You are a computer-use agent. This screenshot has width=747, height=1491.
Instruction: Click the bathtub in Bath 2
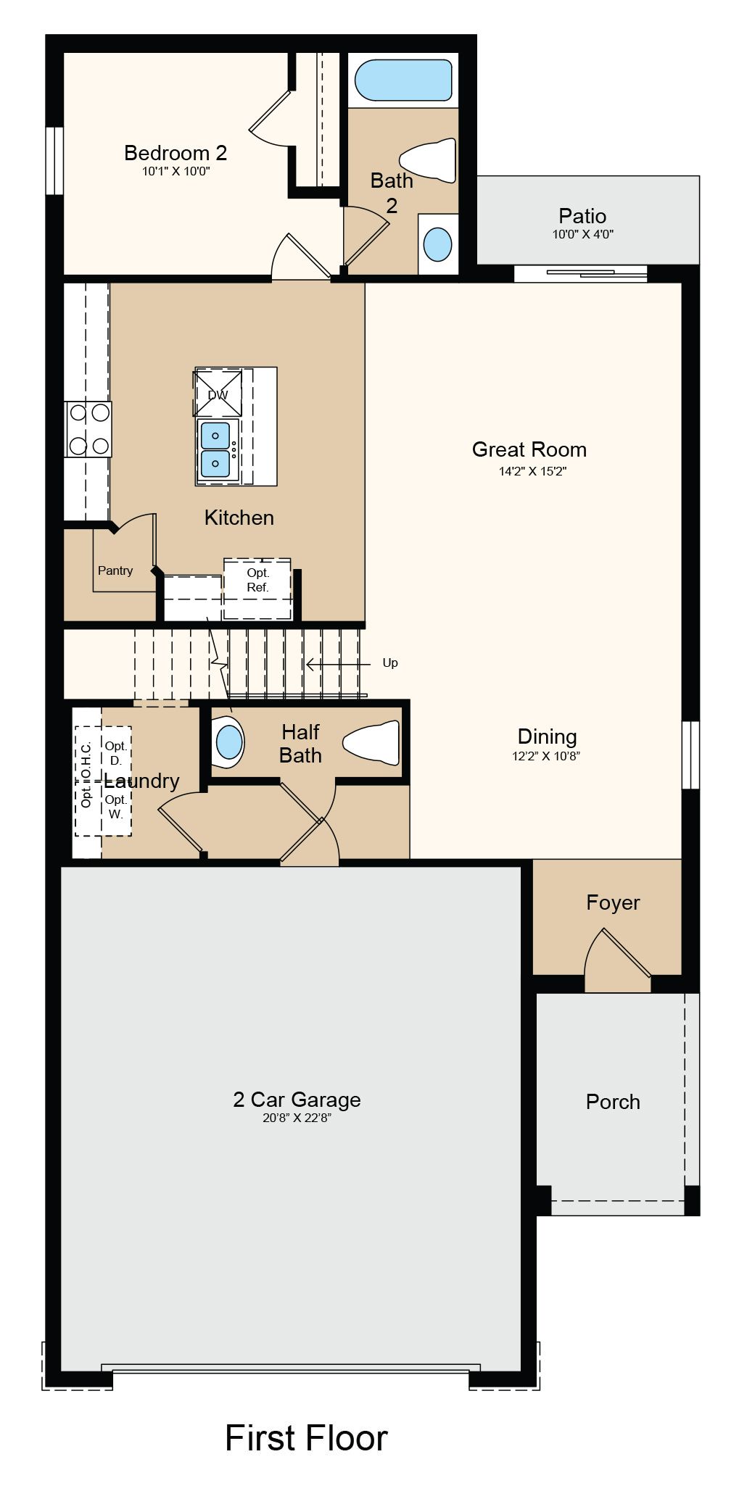[403, 80]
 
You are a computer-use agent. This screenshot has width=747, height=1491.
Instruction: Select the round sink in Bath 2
[437, 244]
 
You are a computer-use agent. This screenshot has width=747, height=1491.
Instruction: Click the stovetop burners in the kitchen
[88, 429]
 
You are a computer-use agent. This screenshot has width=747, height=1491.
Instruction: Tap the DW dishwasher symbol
[218, 394]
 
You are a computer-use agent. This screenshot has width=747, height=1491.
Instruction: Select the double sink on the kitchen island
[216, 450]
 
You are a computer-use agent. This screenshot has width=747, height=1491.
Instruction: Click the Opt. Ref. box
[257, 589]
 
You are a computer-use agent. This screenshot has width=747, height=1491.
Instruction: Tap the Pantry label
[115, 570]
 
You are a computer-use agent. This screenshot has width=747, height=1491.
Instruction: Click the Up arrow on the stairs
[338, 663]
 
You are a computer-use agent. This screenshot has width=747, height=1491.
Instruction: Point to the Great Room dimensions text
[532, 471]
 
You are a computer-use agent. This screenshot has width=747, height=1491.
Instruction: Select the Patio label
[582, 216]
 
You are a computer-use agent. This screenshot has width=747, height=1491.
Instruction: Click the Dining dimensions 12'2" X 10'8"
[546, 756]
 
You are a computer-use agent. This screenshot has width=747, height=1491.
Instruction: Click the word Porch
[613, 1102]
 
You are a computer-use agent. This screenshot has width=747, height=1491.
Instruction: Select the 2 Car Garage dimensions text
[297, 1118]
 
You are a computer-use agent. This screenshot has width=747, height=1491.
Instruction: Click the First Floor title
[306, 1438]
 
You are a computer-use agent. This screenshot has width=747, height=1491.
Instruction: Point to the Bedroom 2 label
[176, 153]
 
